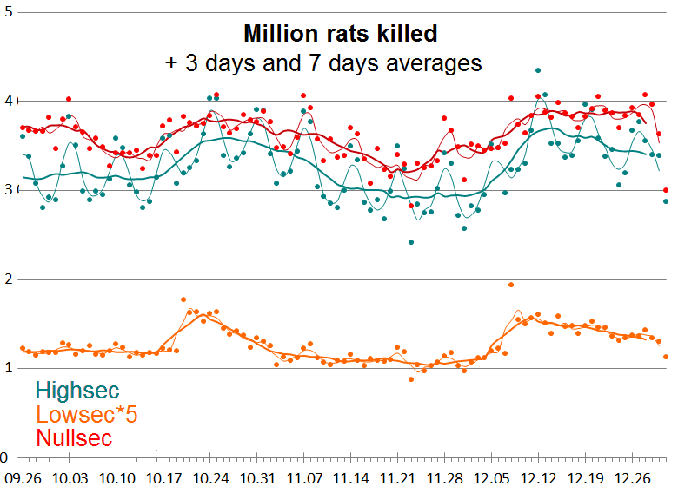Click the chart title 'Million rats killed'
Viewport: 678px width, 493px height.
340,34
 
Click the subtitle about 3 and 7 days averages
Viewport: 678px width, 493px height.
323,62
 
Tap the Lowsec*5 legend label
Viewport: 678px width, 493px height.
86,415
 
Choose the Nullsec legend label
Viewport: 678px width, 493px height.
74,438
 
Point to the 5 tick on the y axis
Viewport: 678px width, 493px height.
8,13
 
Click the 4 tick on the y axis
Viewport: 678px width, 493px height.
8,102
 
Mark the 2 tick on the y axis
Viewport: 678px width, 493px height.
8,279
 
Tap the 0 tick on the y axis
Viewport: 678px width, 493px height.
4,457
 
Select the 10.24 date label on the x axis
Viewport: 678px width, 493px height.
209,477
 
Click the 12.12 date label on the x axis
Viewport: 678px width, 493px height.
538,477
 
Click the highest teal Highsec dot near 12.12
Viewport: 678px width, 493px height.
538,70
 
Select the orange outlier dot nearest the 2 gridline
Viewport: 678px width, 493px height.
511,285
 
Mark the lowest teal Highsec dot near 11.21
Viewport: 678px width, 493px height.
411,242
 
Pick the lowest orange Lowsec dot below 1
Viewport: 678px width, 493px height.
411,378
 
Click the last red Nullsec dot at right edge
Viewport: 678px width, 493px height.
666,190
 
